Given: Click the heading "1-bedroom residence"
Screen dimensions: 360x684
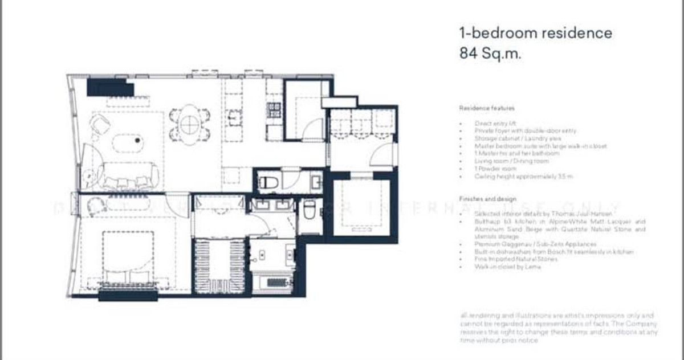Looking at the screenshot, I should pyautogui.click(x=535, y=33).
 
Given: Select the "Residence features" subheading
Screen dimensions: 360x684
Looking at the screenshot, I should pyautogui.click(x=487, y=108).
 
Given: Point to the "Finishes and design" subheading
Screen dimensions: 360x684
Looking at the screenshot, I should pyautogui.click(x=488, y=199).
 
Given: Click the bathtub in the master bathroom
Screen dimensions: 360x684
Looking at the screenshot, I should pyautogui.click(x=272, y=283).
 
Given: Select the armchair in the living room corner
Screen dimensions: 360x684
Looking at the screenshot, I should pyautogui.click(x=100, y=124).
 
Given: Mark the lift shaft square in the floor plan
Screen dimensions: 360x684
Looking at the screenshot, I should pyautogui.click(x=361, y=207).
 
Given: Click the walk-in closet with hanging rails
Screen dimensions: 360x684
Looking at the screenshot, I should pyautogui.click(x=219, y=265).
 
